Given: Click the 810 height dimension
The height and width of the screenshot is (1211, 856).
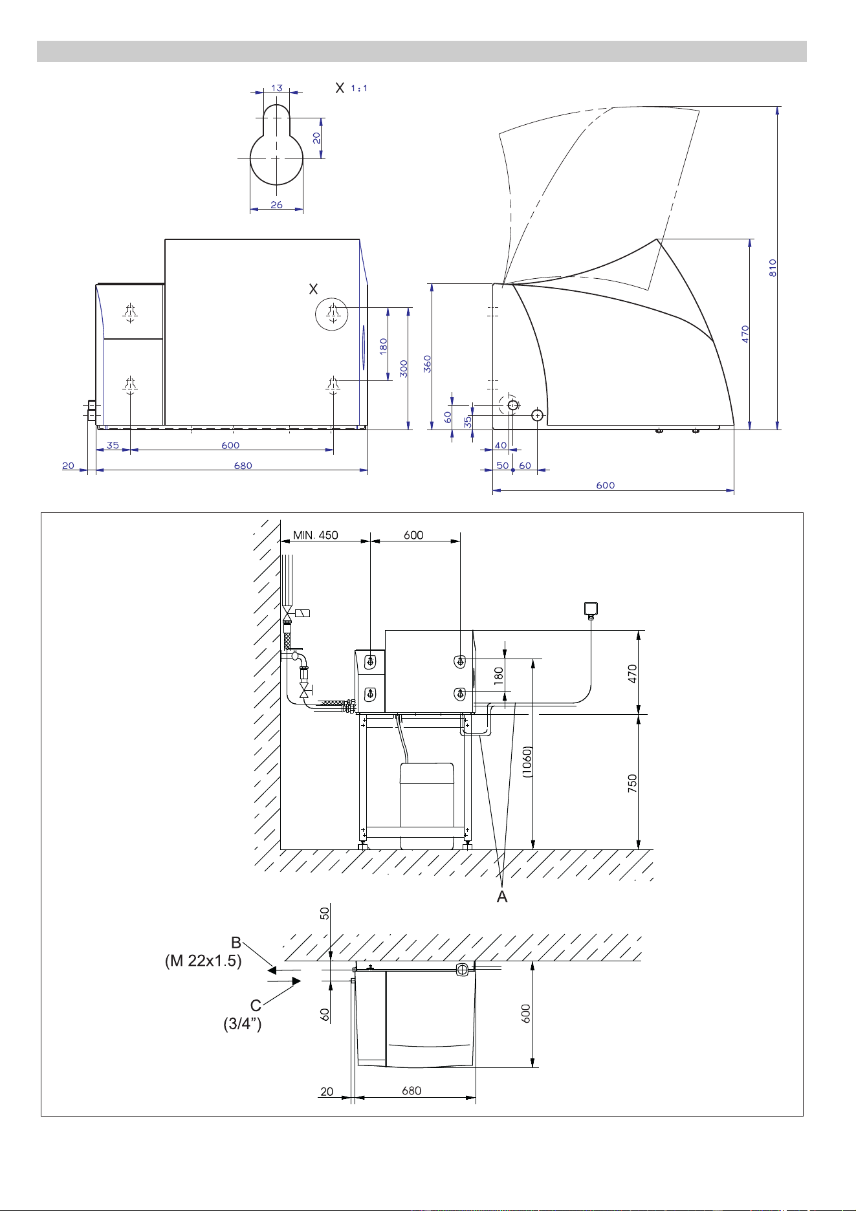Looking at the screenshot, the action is pyautogui.click(x=773, y=268).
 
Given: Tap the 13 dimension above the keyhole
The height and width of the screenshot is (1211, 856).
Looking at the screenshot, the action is pyautogui.click(x=277, y=88).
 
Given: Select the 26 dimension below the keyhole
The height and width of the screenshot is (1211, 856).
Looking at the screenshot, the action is pyautogui.click(x=277, y=205).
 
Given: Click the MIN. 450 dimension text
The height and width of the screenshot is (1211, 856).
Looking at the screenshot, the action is pyautogui.click(x=316, y=536).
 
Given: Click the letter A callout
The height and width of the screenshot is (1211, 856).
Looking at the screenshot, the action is pyautogui.click(x=502, y=897).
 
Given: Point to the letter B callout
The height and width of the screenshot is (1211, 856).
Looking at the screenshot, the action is pyautogui.click(x=236, y=943).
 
